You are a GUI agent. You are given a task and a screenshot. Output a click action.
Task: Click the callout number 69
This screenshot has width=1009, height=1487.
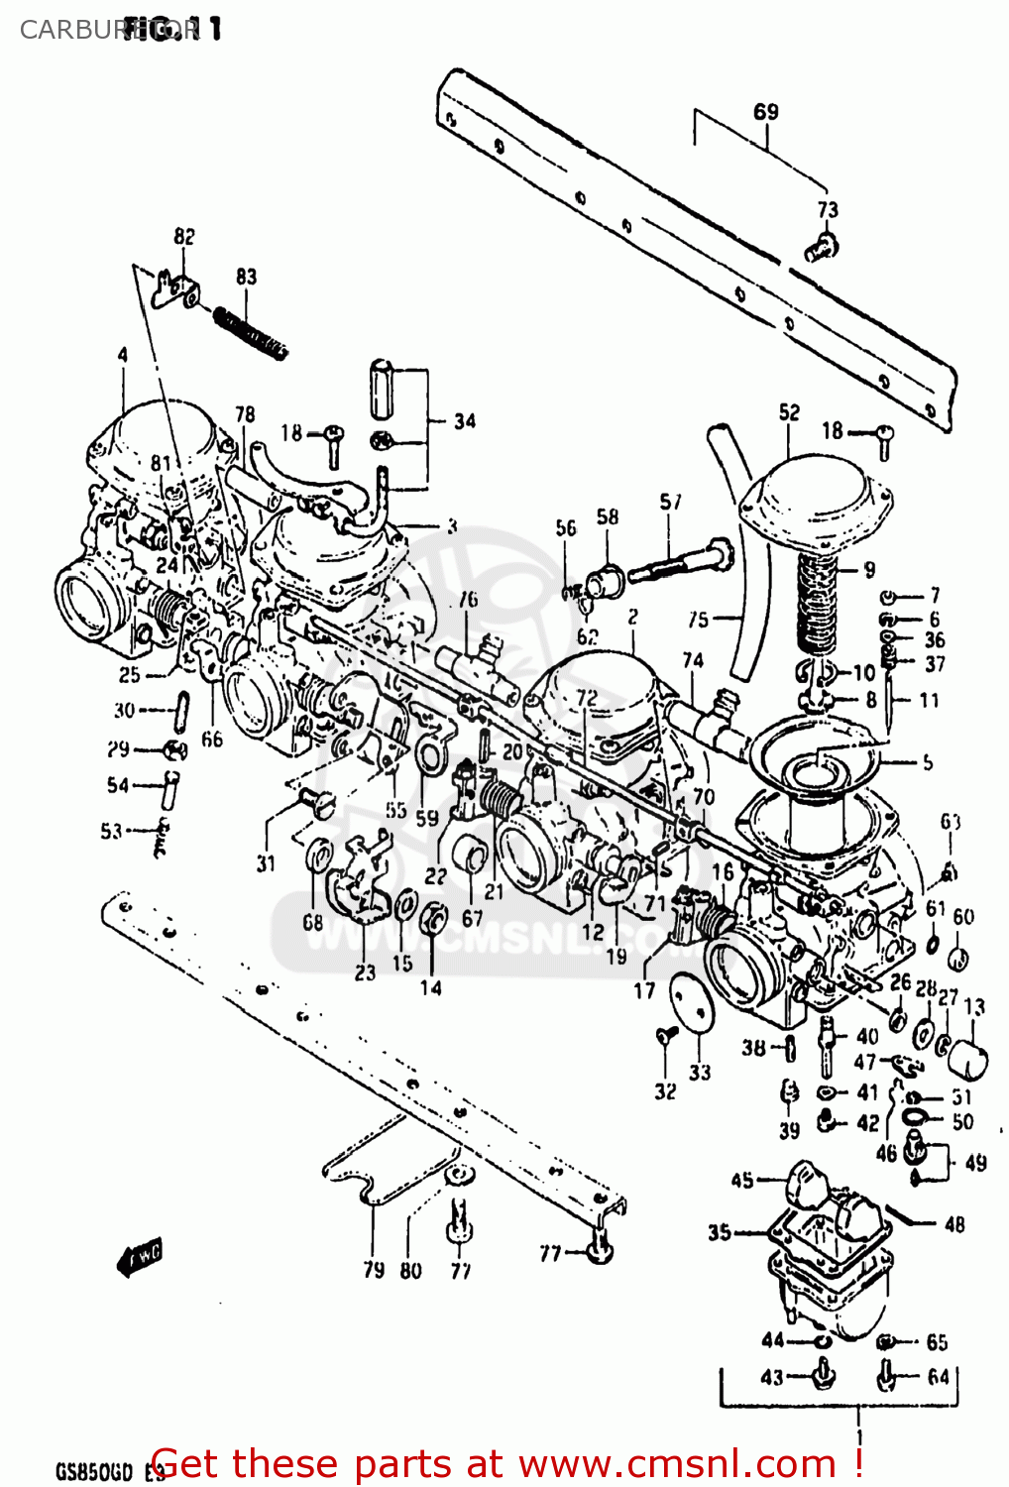(766, 111)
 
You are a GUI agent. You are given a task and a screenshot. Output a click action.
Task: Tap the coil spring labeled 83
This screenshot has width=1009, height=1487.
(250, 332)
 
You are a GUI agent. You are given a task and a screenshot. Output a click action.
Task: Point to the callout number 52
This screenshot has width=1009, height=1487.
(789, 412)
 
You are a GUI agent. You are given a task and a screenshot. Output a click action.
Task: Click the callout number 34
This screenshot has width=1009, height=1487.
(465, 421)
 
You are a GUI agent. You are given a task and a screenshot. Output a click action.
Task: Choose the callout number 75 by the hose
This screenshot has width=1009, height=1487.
(699, 620)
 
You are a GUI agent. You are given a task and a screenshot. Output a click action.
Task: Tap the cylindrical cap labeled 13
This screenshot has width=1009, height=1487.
(968, 1059)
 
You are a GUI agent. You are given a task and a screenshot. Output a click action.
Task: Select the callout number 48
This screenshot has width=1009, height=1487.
(954, 1224)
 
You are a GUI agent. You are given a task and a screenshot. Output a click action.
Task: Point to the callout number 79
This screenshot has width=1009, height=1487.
(374, 1270)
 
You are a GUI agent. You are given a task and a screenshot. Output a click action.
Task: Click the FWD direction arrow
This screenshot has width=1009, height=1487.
(140, 1258)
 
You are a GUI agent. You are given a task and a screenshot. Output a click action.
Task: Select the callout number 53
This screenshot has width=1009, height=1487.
(111, 832)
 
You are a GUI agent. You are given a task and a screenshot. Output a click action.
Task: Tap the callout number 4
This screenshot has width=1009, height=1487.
(123, 354)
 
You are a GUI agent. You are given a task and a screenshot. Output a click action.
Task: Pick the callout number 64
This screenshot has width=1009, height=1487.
(938, 1377)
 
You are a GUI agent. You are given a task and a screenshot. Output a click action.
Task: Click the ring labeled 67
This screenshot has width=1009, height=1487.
(470, 854)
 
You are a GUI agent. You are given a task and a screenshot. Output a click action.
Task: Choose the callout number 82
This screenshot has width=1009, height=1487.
(184, 236)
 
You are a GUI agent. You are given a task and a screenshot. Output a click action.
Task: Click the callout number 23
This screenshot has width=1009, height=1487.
(365, 972)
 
